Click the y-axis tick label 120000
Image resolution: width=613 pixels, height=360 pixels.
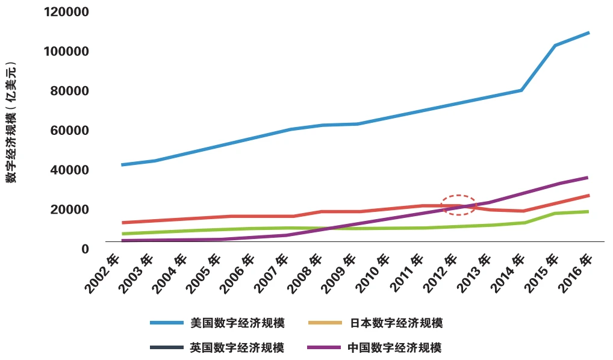coord(66,11)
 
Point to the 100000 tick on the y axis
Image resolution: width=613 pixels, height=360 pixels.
coord(66,51)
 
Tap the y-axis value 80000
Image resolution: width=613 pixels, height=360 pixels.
coord(70,91)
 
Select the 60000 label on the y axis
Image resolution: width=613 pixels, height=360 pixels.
coord(70,130)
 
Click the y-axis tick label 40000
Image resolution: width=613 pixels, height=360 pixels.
coord(70,170)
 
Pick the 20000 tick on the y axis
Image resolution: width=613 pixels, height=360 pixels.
coord(70,209)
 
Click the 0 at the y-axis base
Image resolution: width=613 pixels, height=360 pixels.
coord(86,249)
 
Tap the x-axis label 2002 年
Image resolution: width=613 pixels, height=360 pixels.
coord(102,274)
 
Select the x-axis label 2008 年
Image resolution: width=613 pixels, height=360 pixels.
coord(305,274)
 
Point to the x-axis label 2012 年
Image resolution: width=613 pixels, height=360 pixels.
coord(440,274)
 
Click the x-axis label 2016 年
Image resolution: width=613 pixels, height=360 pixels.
coord(575,274)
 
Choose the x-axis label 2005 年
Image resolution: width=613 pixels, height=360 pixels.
coord(204,274)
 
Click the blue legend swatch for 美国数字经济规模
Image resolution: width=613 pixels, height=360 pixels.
coord(167,323)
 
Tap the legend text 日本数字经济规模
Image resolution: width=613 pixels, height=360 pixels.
coord(396,323)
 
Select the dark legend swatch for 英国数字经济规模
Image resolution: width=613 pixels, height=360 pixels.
coord(167,347)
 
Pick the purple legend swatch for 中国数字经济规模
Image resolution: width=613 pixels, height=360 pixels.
coord(324,347)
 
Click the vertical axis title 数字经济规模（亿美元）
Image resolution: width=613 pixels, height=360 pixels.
coord(11,122)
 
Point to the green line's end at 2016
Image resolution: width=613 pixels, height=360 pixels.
coord(588,212)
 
